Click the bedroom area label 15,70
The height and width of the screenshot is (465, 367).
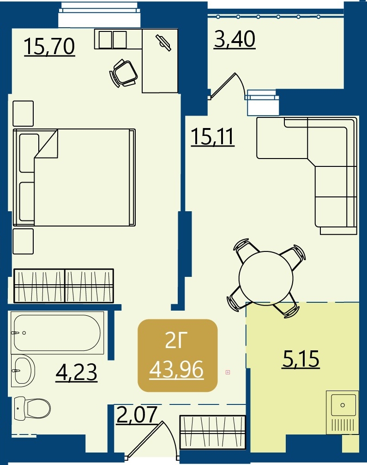[49, 47]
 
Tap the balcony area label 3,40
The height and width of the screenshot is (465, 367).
[235, 39]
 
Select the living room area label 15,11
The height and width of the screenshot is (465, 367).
[213, 136]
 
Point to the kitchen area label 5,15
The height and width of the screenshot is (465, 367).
[301, 359]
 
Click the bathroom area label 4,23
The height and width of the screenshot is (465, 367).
[77, 372]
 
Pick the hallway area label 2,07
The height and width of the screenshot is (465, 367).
[137, 415]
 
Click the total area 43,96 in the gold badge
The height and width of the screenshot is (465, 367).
[176, 370]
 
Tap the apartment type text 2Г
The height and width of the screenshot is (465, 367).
[176, 341]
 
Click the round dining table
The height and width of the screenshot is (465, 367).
[266, 278]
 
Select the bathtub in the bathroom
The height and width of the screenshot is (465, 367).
[57, 333]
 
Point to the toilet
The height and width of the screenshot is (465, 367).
[32, 408]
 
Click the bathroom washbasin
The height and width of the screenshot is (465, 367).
[23, 371]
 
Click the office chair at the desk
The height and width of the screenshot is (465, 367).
[124, 73]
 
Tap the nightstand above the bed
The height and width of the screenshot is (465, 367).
[23, 114]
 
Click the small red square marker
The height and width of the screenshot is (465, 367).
[228, 372]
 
